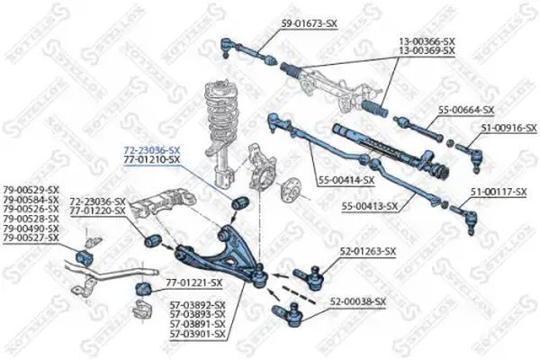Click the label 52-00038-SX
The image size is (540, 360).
coord(357,301)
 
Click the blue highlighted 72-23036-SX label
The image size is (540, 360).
coord(150,148)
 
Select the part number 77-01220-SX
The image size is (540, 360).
coord(97,211)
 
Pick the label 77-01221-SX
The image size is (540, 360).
coord(192,283)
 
